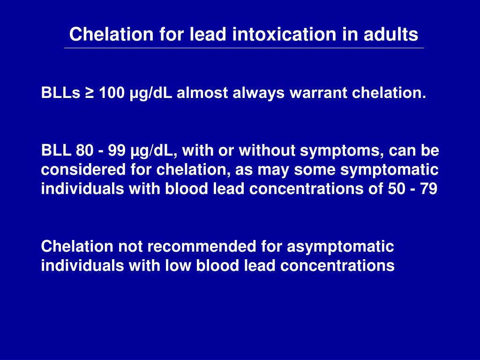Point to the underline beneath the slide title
[244, 48]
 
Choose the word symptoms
[329, 150]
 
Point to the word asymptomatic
[340, 246]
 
